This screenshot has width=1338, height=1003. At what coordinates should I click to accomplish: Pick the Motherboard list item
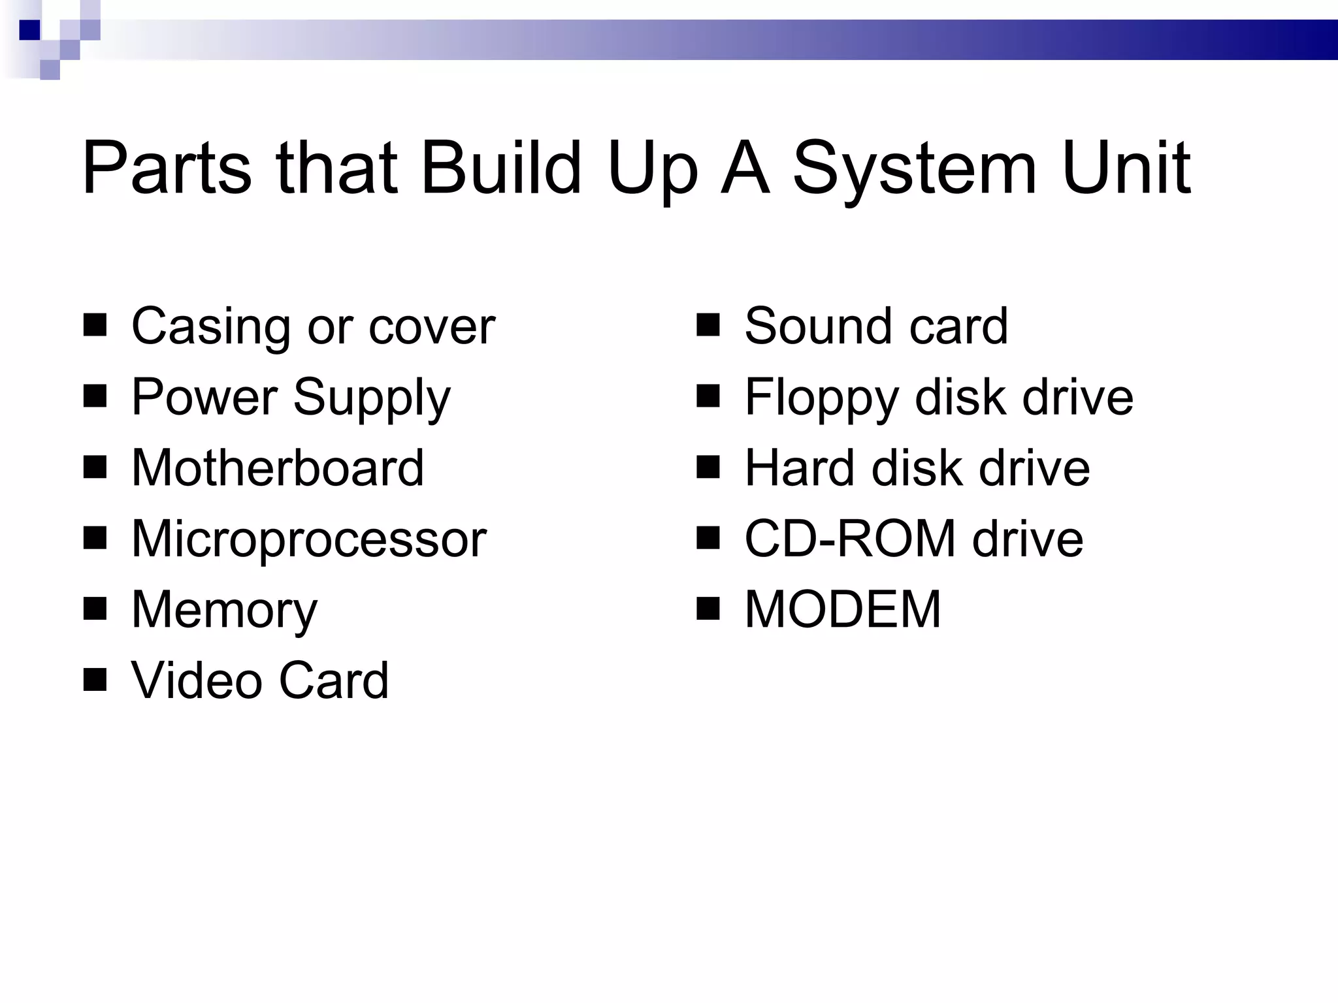(x=278, y=468)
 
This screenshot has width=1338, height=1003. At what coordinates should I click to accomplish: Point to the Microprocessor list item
(x=308, y=539)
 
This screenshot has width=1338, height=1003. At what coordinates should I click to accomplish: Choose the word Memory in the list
(x=224, y=610)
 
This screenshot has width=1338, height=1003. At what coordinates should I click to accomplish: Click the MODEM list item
(x=843, y=609)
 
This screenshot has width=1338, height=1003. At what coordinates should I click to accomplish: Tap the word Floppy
(x=822, y=398)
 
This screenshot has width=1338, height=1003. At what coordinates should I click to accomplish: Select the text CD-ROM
(x=850, y=539)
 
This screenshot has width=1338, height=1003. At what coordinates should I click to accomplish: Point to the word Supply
(x=372, y=398)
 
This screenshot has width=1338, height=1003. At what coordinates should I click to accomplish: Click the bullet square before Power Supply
(x=95, y=396)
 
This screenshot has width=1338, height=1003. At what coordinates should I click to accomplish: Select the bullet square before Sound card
(x=708, y=325)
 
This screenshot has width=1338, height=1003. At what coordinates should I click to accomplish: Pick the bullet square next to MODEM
(x=708, y=608)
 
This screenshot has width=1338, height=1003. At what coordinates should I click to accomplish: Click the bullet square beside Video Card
(x=95, y=679)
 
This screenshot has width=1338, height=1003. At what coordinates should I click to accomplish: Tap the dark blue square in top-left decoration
(x=29, y=30)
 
